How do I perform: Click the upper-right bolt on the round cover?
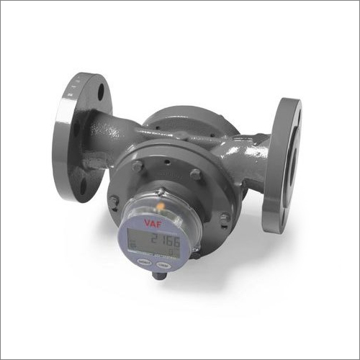195,174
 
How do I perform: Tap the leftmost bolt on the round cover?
114,199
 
